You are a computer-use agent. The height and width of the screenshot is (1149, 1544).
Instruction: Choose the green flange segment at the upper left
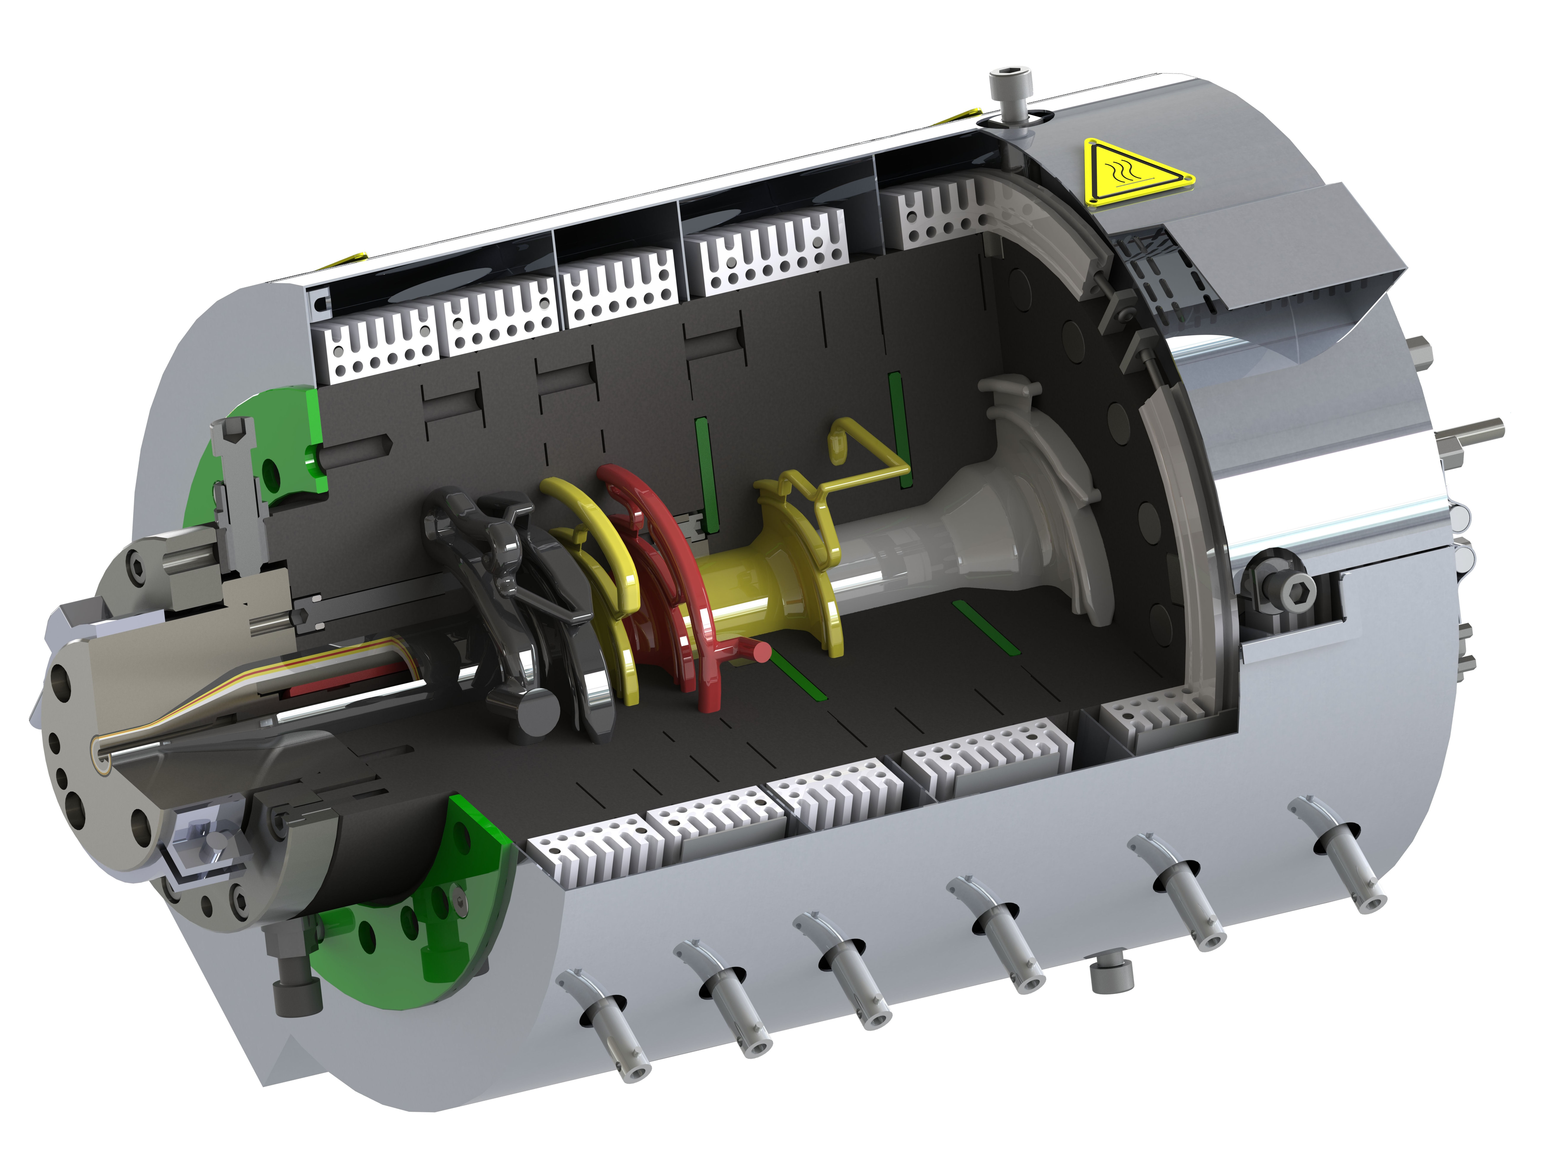[x=271, y=445]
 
